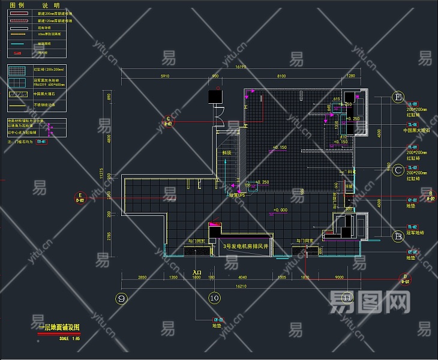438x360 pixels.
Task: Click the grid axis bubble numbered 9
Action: [x=122, y=298]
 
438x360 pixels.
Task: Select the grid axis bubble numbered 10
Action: [x=214, y=298]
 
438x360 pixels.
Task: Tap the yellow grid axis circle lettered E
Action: [x=398, y=97]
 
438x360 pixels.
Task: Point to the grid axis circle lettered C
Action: [x=398, y=170]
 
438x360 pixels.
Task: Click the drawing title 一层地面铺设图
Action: [x=59, y=327]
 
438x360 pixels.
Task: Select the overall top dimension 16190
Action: [x=241, y=68]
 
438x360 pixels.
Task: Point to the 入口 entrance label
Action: [x=197, y=273]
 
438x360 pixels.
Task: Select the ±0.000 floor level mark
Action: [x=280, y=210]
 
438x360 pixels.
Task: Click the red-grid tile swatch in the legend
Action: [x=20, y=70]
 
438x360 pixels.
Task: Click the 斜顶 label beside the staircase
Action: [x=227, y=153]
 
